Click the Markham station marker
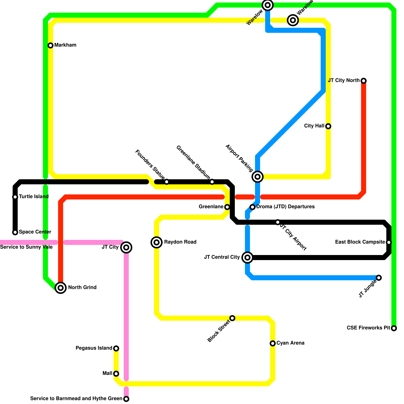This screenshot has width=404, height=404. point(50,45)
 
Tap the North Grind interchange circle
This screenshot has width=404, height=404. point(61,288)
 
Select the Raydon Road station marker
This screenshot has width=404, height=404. point(157,242)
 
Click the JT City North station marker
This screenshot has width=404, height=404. point(364,81)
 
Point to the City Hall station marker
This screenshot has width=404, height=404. point(328,126)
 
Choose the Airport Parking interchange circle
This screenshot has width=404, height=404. point(258,177)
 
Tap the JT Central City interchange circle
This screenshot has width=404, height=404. point(247,258)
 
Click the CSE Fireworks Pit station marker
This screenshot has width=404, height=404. point(394,328)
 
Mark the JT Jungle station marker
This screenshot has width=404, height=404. point(379,278)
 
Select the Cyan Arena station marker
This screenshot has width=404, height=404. point(273,343)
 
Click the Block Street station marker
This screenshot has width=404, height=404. point(232,318)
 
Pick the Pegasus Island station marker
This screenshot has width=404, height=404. point(116,348)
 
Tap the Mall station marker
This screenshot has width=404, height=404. point(116,374)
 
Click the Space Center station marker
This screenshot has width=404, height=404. point(15,232)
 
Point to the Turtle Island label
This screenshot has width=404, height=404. point(34,197)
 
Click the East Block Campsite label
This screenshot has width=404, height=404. point(360,242)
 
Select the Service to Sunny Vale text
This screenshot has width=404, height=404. point(26,247)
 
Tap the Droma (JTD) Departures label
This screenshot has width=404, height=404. point(285,207)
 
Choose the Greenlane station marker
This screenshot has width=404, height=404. point(227,207)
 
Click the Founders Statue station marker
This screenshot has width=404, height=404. point(167,182)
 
